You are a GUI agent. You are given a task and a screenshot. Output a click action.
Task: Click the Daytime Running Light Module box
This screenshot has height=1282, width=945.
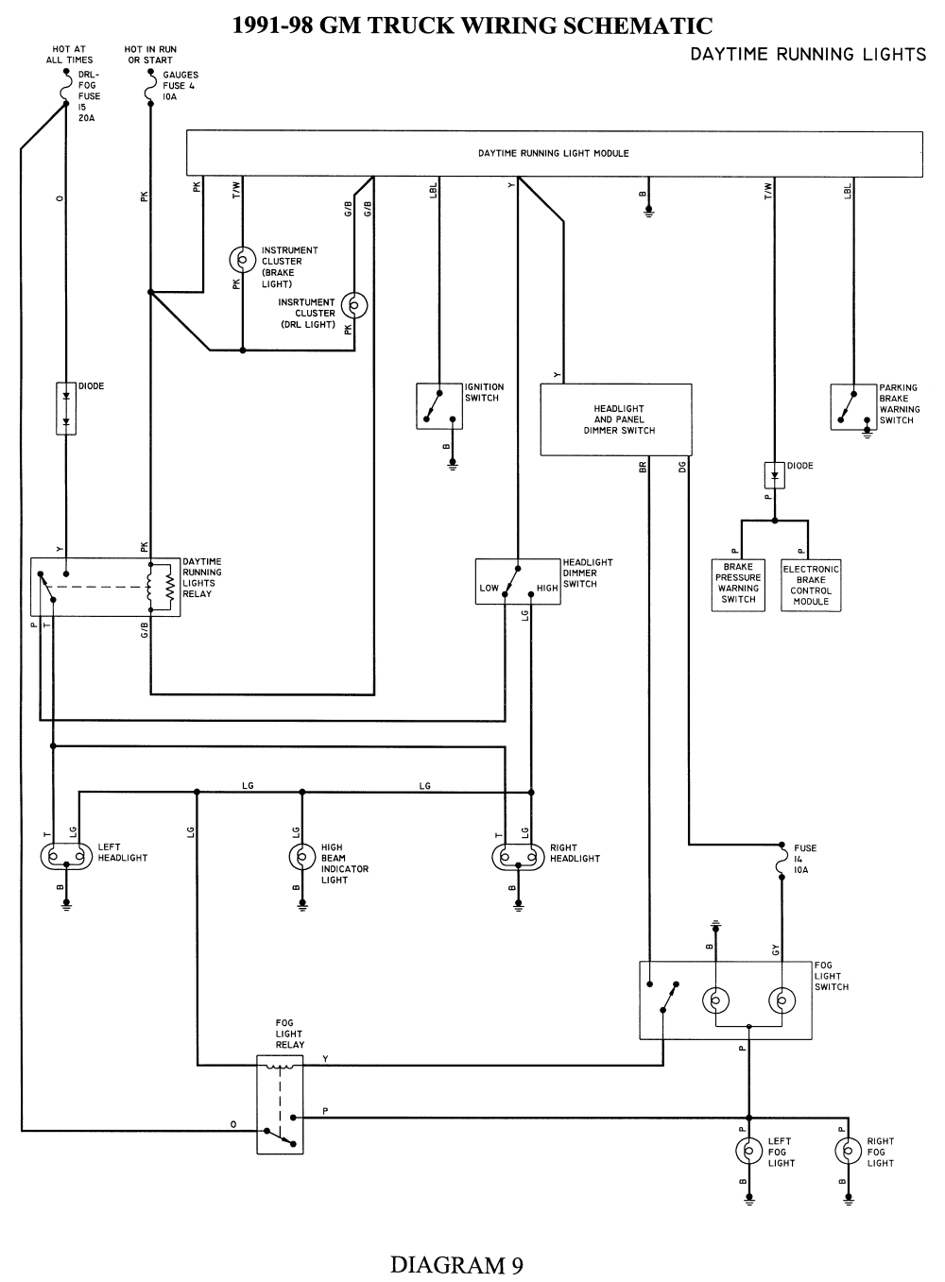tap(554, 153)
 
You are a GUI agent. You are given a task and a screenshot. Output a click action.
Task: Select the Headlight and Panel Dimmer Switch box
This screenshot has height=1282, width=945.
tap(615, 419)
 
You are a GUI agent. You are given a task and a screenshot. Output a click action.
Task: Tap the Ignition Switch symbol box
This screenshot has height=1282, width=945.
tap(439, 406)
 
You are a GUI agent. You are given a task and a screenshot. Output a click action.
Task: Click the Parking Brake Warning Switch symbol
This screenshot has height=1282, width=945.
tap(853, 407)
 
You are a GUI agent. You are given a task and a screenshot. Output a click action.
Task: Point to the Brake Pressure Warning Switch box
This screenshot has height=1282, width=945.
tap(738, 583)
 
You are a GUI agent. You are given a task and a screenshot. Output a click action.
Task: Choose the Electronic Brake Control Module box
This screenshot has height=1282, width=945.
tap(811, 585)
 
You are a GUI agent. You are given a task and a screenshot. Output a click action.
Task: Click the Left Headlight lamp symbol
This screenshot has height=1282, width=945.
tap(65, 858)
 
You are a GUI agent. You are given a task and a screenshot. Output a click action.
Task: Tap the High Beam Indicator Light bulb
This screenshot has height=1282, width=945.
tap(301, 858)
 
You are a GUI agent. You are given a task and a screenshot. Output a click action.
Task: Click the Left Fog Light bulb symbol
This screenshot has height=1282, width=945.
tap(749, 1151)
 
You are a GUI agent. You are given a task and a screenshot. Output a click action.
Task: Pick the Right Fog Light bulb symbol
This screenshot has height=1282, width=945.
tap(849, 1151)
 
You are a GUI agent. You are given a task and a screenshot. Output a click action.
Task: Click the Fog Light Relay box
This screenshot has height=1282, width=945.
tap(280, 1104)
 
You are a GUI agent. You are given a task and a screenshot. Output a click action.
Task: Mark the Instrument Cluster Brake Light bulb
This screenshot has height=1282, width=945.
tap(243, 259)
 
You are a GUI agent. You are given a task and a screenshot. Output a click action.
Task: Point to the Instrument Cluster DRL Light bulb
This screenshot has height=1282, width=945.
tap(354, 305)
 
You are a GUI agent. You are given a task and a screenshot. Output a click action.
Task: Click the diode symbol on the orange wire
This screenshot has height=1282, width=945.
tap(65, 408)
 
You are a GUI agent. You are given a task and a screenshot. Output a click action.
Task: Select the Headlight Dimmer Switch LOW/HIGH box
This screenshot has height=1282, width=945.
tap(518, 582)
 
